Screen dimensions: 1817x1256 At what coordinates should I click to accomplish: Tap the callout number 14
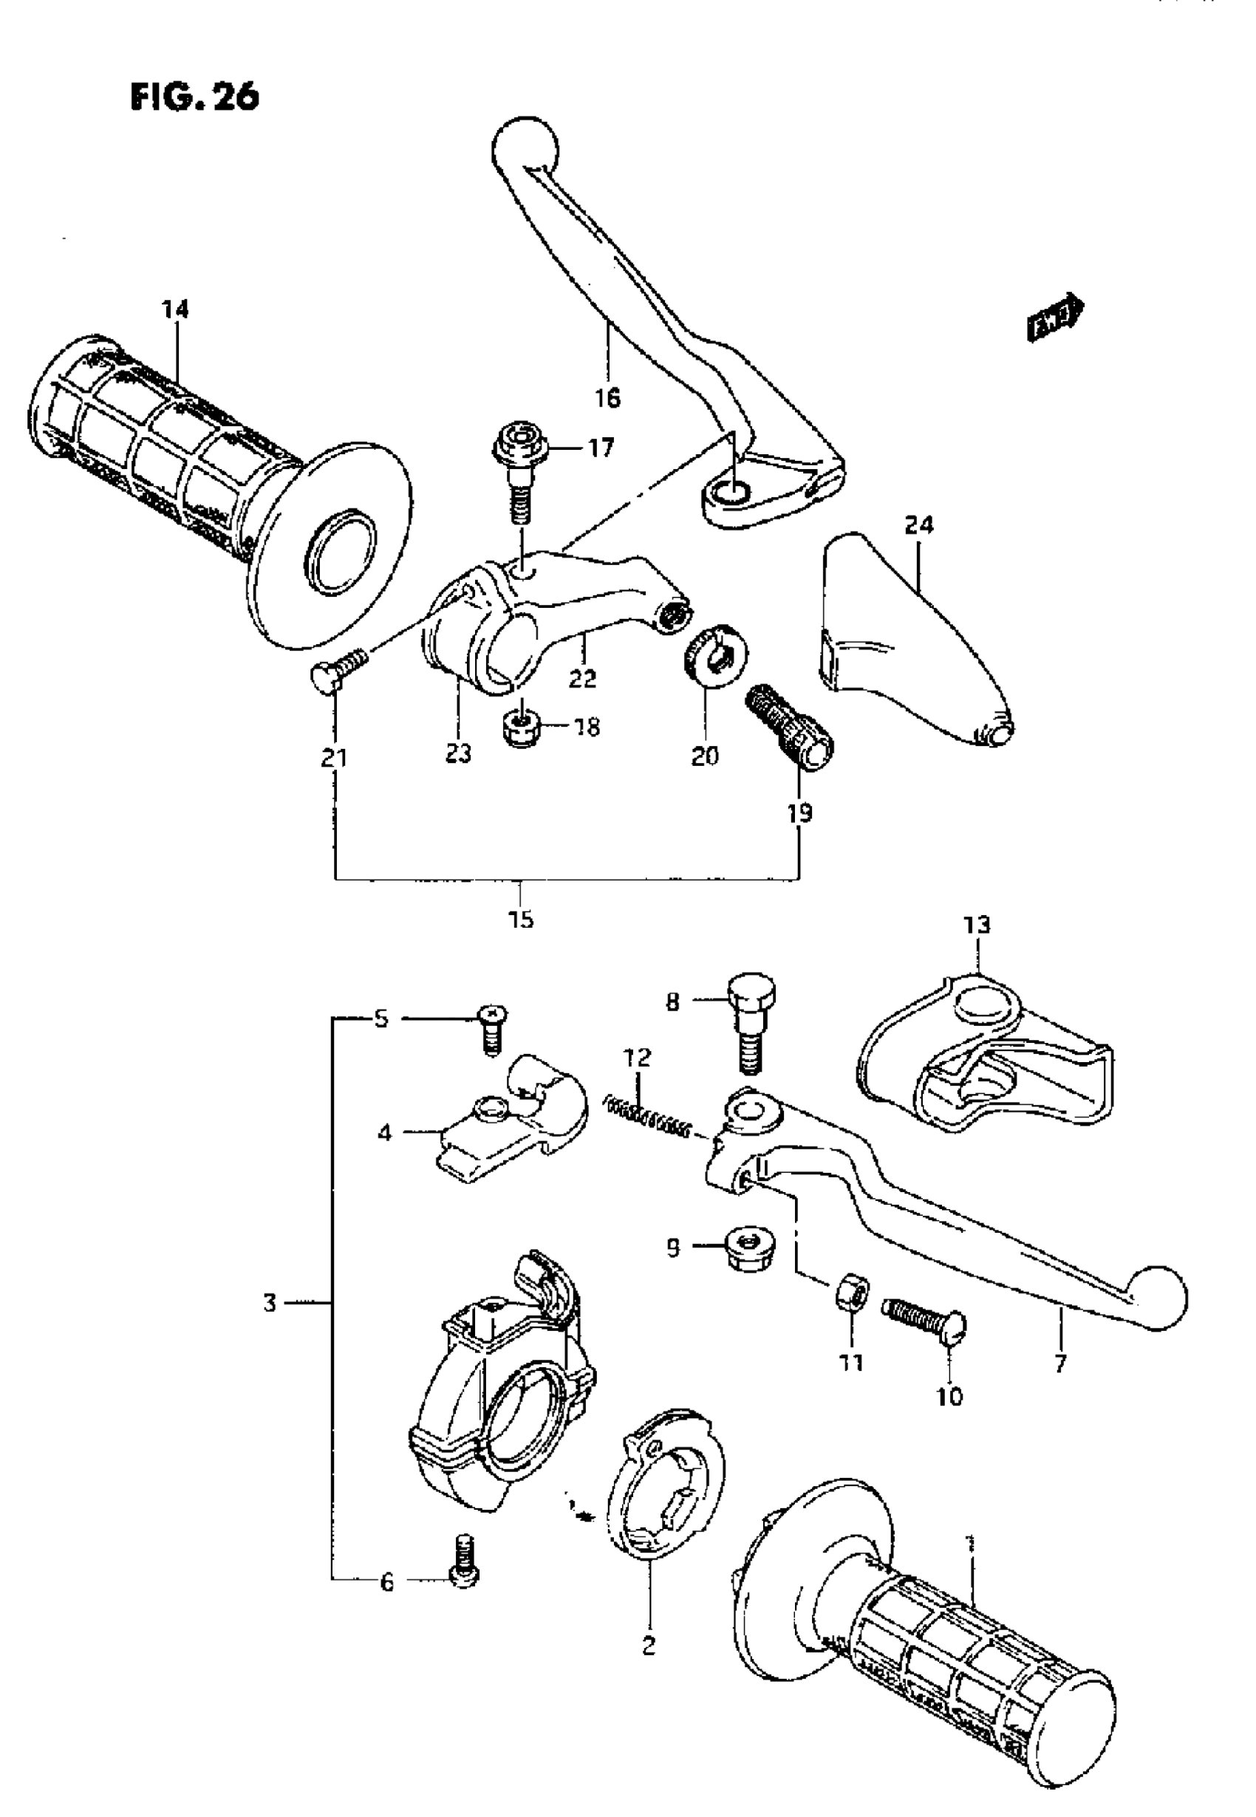coord(176,309)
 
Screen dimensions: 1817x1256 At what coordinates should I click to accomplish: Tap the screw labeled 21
coord(339,665)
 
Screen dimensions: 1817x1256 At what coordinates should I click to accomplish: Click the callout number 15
coord(521,918)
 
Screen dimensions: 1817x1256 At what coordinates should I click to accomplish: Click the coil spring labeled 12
coord(650,1118)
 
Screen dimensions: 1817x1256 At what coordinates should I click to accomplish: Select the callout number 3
coord(270,1304)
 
